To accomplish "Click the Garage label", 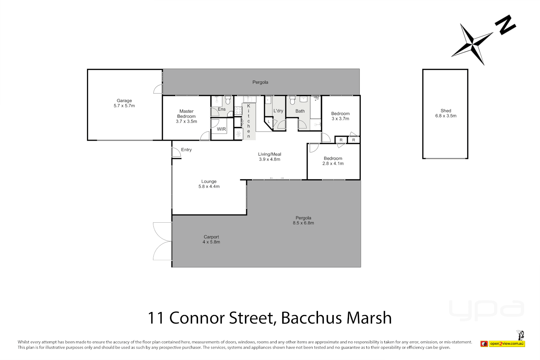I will pyautogui.click(x=124, y=101).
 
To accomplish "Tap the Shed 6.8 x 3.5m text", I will pyautogui.click(x=446, y=113).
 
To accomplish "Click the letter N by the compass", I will pyautogui.click(x=505, y=25).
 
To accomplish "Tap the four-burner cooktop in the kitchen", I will pyautogui.click(x=238, y=111).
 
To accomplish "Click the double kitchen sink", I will pyautogui.click(x=248, y=99).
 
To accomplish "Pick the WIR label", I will pyautogui.click(x=221, y=129).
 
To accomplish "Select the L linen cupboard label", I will pyautogui.click(x=269, y=122).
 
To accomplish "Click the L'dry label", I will pyautogui.click(x=278, y=111).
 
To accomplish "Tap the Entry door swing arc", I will pyautogui.click(x=176, y=152).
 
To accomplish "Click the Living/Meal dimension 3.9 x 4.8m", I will pyautogui.click(x=269, y=159).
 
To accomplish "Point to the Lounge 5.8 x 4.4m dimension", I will pyautogui.click(x=209, y=187).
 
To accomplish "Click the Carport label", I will pyautogui.click(x=211, y=237).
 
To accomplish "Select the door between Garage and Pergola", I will pyautogui.click(x=158, y=89).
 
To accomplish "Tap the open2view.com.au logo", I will pyautogui.click(x=506, y=343).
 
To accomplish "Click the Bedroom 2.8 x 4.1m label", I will pyautogui.click(x=333, y=161).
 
